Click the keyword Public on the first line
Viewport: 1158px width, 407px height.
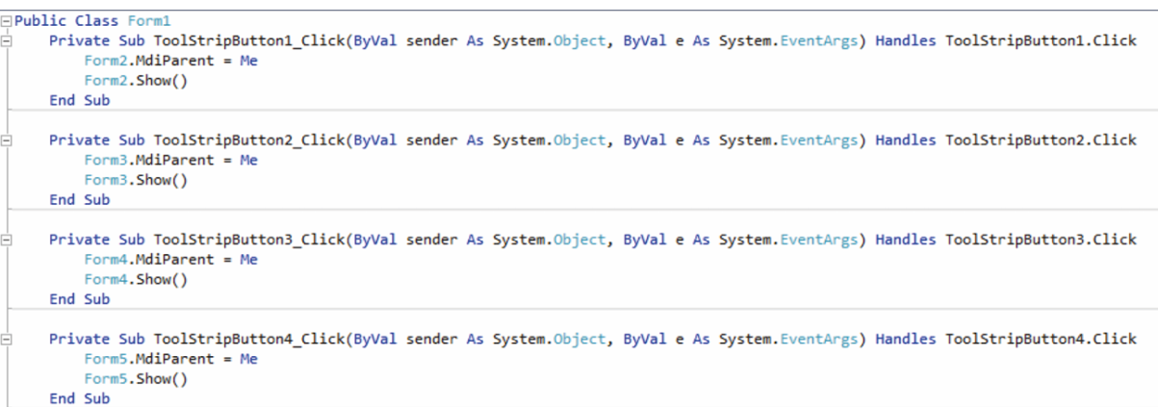coord(40,20)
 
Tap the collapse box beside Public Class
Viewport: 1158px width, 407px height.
coord(7,20)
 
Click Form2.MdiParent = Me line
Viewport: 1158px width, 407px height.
coord(170,61)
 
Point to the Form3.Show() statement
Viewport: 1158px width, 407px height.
coord(135,180)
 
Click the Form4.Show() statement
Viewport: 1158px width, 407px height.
coord(135,280)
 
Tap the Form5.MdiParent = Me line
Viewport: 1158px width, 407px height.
coord(170,359)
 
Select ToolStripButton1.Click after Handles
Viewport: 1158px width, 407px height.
coord(1041,40)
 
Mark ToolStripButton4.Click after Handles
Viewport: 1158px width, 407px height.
coord(1041,339)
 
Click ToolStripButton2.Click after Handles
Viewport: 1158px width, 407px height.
coord(1041,140)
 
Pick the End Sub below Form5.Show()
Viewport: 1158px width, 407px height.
coord(80,398)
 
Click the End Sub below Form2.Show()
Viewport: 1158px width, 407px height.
coord(80,100)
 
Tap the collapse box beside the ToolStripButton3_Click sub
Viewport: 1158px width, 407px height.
coord(7,240)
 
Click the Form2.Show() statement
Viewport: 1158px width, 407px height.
coord(135,81)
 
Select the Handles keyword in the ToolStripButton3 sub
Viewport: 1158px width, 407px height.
coord(906,240)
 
